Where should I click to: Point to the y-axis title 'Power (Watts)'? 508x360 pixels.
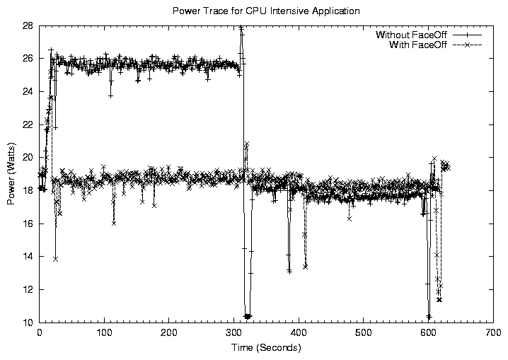point(11,173)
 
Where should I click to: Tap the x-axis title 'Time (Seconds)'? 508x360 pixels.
point(266,348)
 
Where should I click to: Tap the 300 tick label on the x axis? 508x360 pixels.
point(233,333)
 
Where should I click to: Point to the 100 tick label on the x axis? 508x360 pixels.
point(104,333)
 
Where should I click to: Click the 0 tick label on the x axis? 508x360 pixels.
point(40,333)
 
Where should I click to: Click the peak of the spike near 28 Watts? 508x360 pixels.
point(241,28)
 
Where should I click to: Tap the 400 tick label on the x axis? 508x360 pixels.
point(298,333)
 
